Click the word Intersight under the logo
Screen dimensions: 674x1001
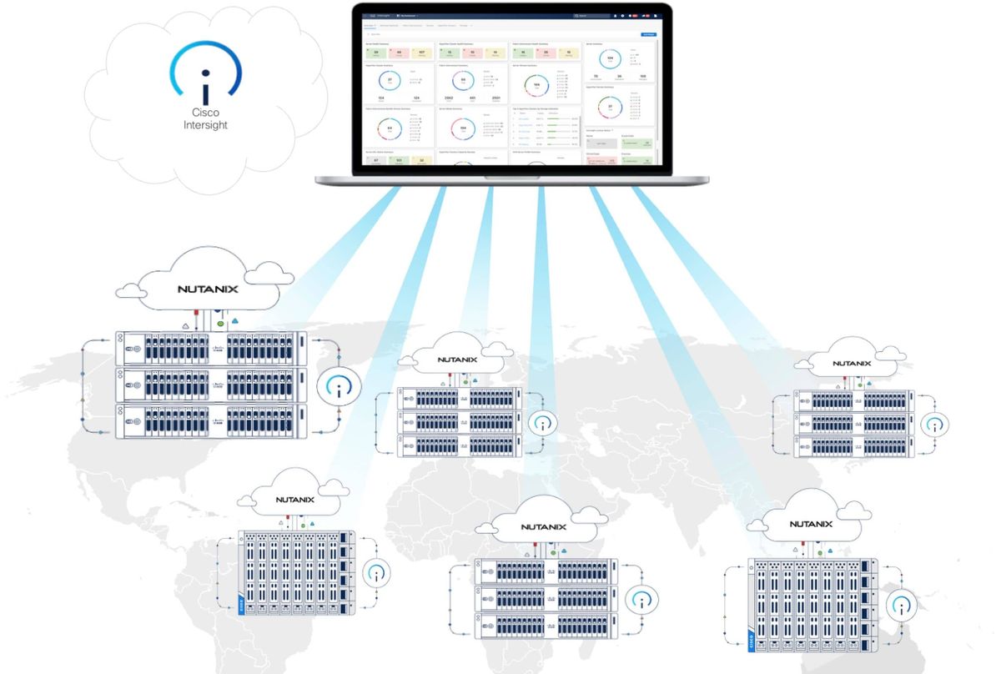click(x=205, y=125)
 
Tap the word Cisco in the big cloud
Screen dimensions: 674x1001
click(x=205, y=113)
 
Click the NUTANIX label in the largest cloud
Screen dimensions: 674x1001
click(x=208, y=289)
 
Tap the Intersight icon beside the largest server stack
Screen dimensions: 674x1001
click(x=339, y=385)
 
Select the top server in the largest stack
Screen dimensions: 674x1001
click(x=210, y=348)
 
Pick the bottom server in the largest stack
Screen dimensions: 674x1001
click(x=210, y=421)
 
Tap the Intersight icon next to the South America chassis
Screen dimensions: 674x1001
click(x=377, y=573)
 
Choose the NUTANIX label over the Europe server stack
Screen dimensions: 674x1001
click(x=460, y=360)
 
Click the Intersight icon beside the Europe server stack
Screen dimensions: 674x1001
click(x=543, y=423)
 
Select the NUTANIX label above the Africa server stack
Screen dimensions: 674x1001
click(x=543, y=527)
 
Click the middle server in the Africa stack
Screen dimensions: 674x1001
click(x=546, y=598)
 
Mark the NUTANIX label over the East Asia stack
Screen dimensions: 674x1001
click(x=851, y=364)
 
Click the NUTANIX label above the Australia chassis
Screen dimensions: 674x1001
click(x=810, y=525)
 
